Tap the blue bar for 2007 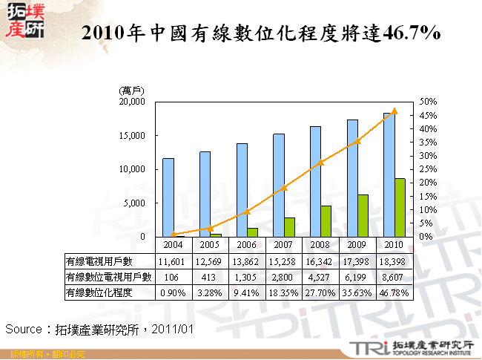pyautogui.click(x=279, y=185)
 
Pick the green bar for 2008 pyautogui.click(x=326, y=220)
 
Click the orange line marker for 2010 pyautogui.click(x=394, y=111)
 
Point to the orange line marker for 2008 pyautogui.click(x=320, y=162)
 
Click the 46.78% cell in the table pyautogui.click(x=394, y=294)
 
